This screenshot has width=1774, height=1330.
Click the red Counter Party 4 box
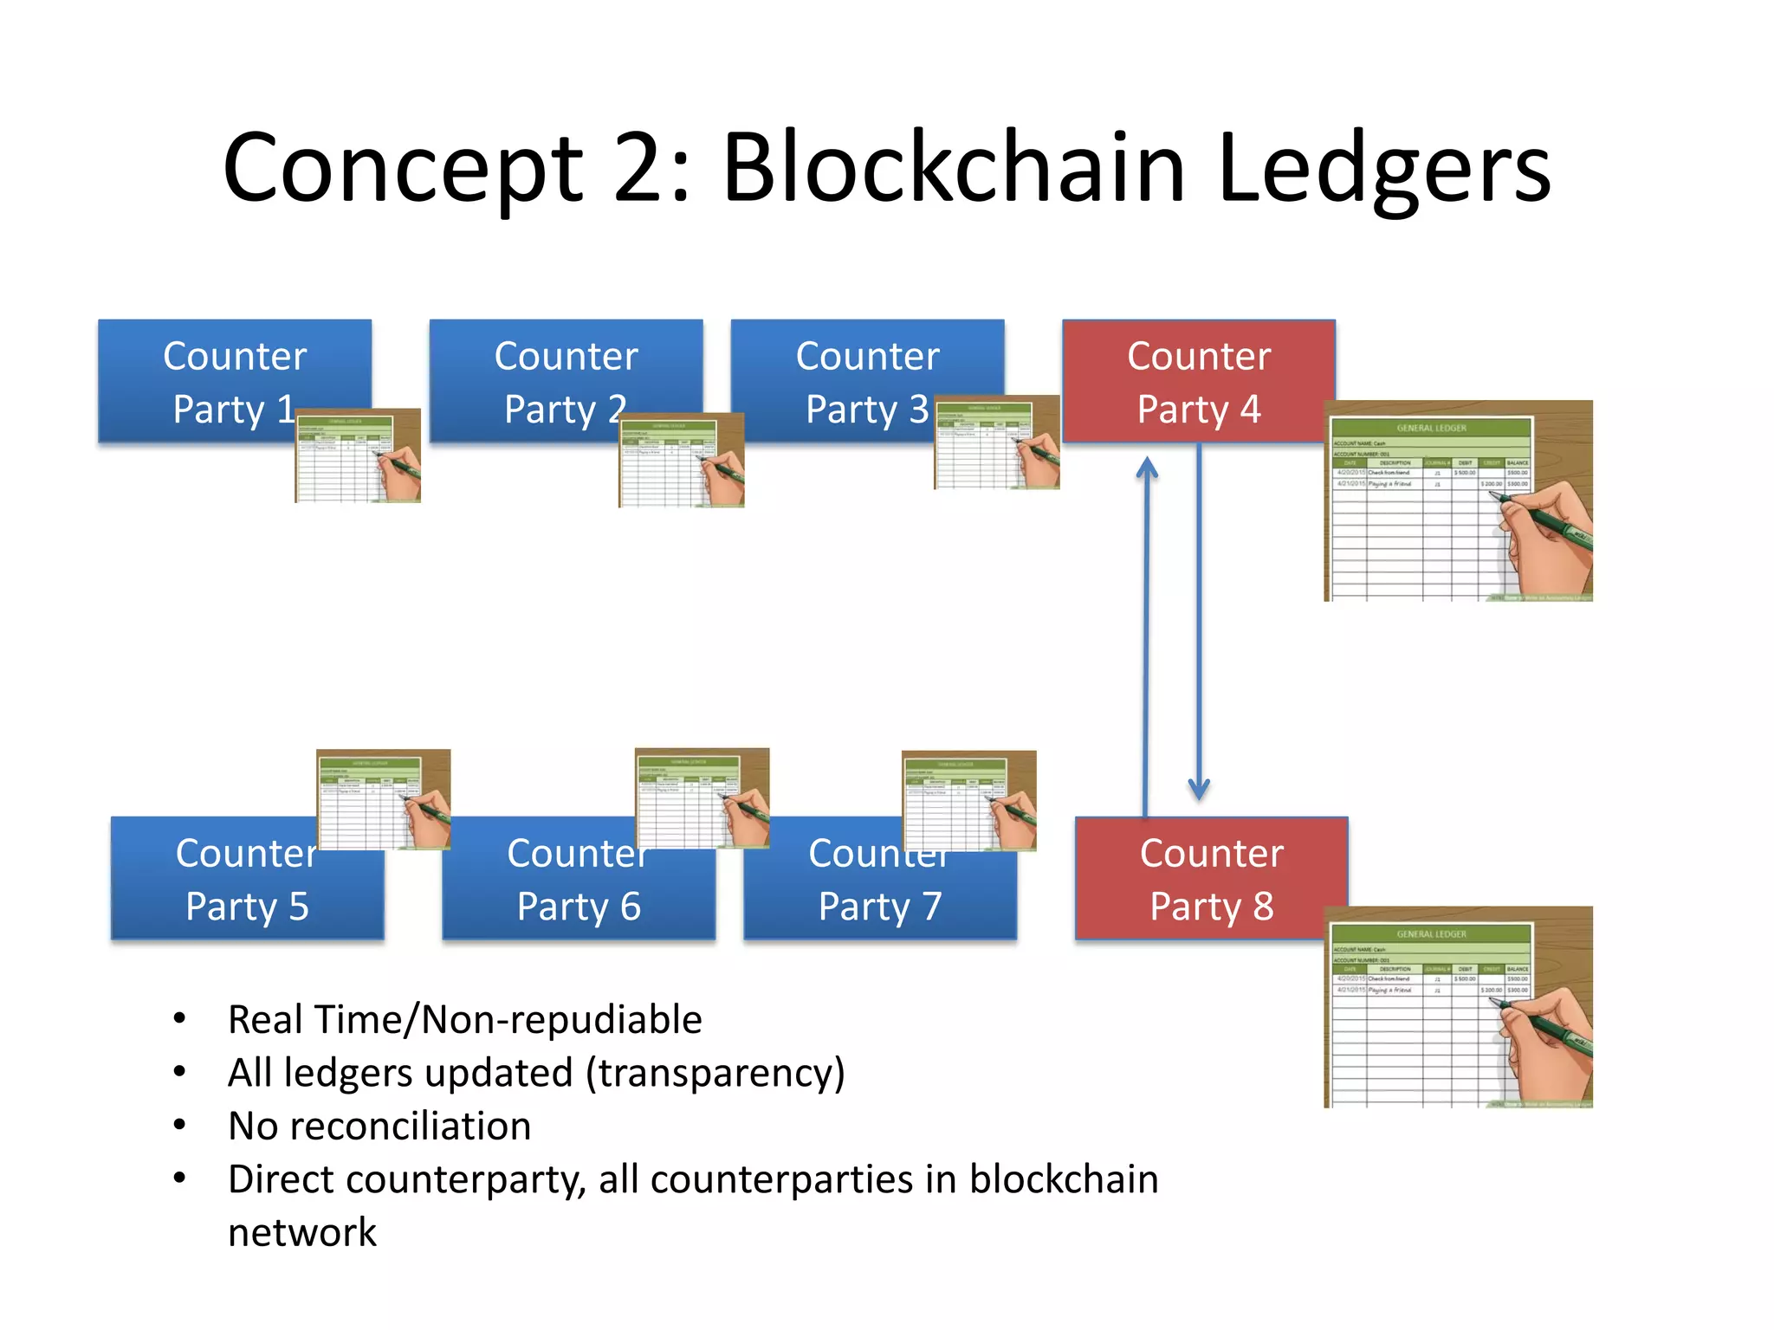point(1198,381)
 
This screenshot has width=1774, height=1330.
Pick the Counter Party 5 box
point(234,892)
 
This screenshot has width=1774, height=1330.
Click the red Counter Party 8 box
point(1211,879)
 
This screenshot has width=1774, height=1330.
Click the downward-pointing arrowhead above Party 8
point(1199,788)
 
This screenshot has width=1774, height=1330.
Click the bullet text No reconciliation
point(379,1126)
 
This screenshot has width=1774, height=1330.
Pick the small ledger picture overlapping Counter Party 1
point(358,455)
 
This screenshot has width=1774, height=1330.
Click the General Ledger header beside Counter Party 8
point(1431,934)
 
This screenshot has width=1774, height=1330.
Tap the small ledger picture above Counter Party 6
point(702,797)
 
